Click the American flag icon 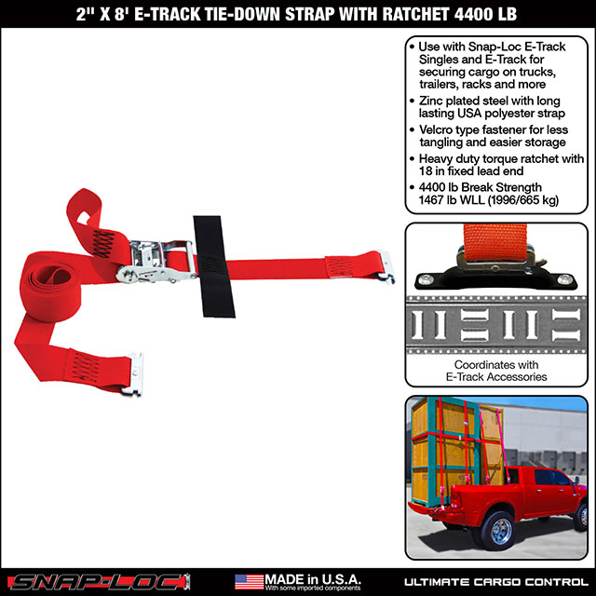(x=249, y=580)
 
